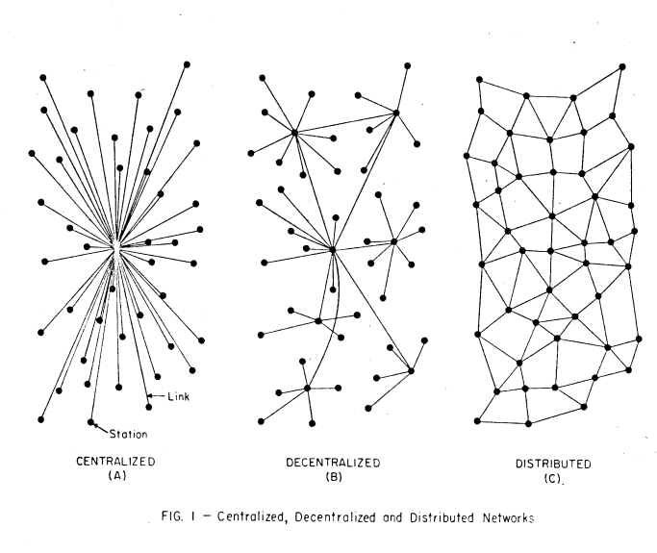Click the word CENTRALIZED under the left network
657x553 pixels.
115,461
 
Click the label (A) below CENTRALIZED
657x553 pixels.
115,475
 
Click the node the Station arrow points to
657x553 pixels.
91,421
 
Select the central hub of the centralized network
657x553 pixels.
115,247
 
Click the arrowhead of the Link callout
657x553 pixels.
149,396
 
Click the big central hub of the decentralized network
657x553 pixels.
332,250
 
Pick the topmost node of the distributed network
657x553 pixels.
623,66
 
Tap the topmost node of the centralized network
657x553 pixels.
187,64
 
